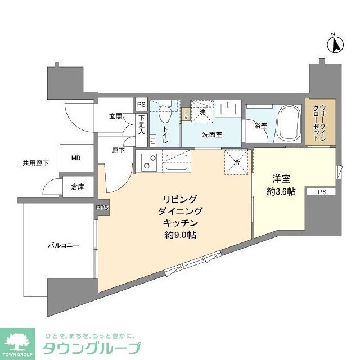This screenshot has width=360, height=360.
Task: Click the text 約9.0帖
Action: pyautogui.click(x=180, y=235)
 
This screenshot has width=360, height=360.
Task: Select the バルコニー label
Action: pyautogui.click(x=62, y=246)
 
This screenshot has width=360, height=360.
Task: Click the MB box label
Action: pyautogui.click(x=76, y=158)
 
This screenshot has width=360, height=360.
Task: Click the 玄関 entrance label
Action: pyautogui.click(x=115, y=116)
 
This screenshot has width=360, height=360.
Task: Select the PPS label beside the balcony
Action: pyautogui.click(x=102, y=208)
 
